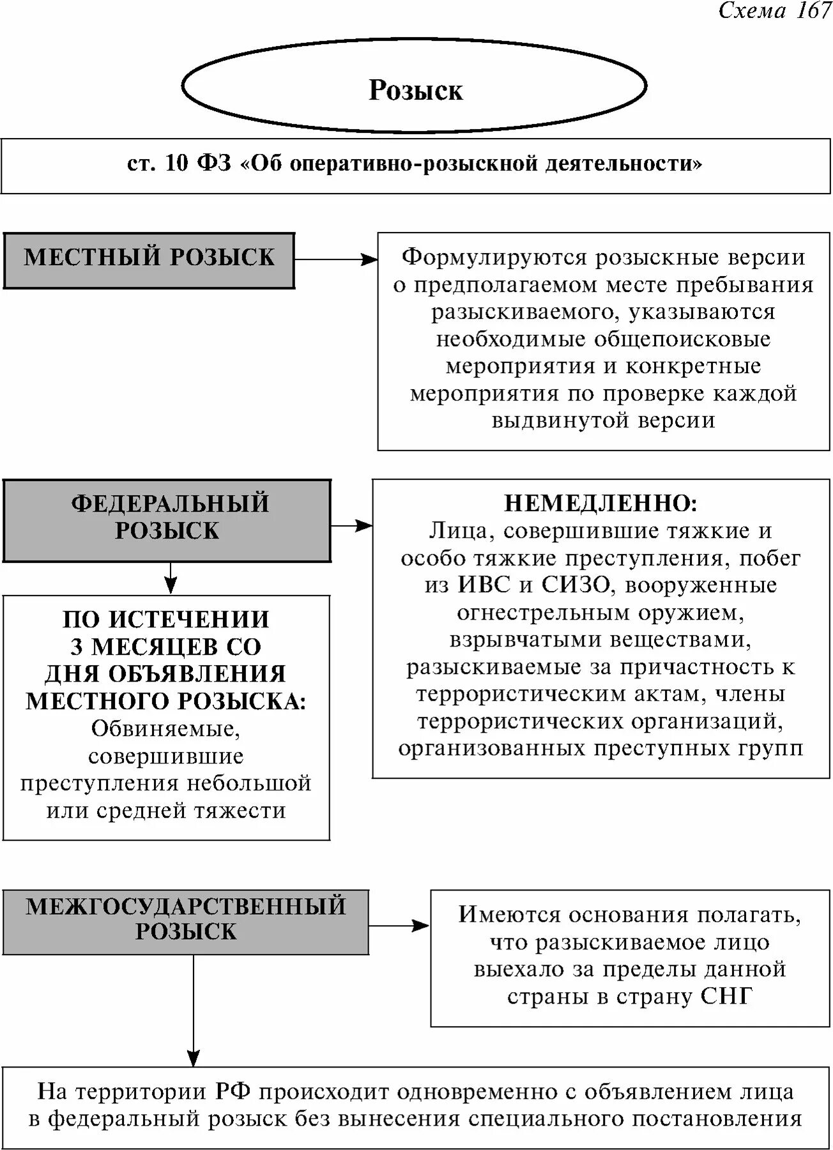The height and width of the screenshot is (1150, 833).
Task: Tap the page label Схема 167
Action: tap(774, 11)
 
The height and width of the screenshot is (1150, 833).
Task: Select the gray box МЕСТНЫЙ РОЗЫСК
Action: tap(149, 260)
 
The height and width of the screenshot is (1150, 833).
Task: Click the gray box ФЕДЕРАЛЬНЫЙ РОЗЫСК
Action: tap(167, 520)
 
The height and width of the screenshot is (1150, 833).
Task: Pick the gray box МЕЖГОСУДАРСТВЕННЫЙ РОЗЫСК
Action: tap(185, 922)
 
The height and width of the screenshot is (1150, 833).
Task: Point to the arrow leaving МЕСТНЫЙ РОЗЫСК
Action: tap(336, 260)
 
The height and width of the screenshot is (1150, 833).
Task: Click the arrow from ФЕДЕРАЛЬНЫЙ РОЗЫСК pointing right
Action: tap(351, 526)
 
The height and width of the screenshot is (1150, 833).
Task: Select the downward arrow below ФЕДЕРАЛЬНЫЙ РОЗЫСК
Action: tap(170, 578)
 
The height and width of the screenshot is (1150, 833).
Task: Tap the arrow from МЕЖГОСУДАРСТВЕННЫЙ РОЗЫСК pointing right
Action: tap(399, 925)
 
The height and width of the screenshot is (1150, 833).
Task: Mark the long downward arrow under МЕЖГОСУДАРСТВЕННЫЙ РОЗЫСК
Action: tap(193, 1009)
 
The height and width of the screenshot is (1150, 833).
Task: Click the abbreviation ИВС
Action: tap(484, 585)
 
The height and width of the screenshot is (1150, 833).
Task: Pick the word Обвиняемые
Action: tap(166, 729)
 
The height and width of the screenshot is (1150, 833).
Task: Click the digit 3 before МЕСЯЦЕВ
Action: tap(77, 647)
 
